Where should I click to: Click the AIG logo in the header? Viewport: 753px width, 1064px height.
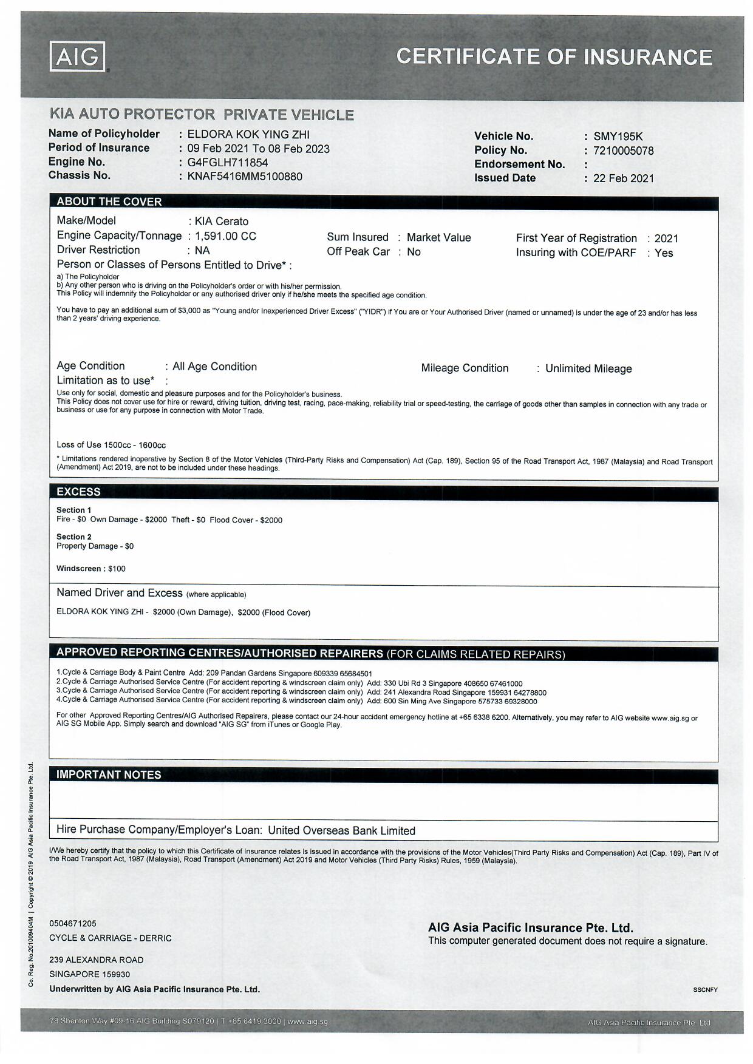tap(78, 57)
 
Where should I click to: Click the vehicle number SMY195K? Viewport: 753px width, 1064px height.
tap(618, 137)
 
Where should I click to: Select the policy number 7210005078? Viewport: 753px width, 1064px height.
tap(623, 151)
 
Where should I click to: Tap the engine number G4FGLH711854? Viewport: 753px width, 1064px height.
tap(227, 163)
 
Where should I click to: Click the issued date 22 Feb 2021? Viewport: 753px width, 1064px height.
tap(623, 178)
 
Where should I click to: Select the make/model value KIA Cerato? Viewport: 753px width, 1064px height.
tap(221, 222)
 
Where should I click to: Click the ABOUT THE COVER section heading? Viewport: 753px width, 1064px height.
tap(109, 202)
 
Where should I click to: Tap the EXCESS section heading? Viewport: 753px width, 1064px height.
tap(79, 492)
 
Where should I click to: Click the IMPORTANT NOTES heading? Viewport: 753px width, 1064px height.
tap(109, 774)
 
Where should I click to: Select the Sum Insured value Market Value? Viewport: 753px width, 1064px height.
tap(438, 238)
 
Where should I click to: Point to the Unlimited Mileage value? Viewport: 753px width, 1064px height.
tap(588, 368)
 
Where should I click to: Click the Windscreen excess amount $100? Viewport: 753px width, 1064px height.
tap(117, 569)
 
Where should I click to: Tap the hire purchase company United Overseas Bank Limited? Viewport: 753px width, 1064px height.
tap(341, 830)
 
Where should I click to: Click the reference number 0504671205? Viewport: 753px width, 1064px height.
tap(73, 923)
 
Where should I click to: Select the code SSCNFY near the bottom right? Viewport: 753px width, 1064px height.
tap(705, 989)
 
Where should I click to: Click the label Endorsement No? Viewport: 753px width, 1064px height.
tap(519, 164)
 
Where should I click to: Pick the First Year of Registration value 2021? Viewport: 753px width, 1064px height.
tap(666, 239)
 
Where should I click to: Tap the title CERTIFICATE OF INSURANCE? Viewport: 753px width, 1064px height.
tap(554, 57)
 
